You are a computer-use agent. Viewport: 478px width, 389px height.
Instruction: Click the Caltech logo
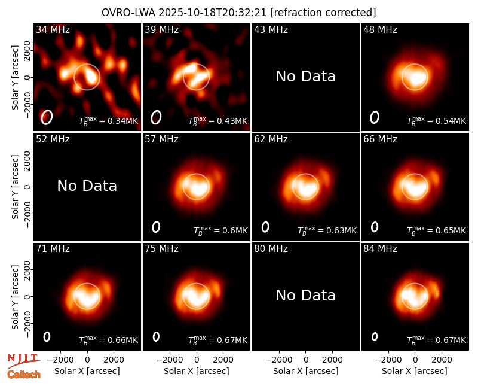coord(24,375)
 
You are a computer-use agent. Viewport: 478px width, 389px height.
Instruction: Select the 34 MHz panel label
coord(53,29)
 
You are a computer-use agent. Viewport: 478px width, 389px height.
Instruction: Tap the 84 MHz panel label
coord(380,249)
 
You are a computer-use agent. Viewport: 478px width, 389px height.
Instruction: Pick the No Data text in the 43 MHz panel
coord(306,77)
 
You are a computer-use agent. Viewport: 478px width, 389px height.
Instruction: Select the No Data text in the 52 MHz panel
coord(87,186)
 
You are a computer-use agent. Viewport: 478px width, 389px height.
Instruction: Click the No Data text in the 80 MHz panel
coord(306,295)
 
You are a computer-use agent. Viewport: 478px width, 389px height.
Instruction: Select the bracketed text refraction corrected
coord(323,13)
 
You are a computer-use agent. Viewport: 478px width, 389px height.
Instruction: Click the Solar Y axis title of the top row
coord(15,78)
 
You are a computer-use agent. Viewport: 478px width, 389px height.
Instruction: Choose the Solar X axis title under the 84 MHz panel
coord(415,371)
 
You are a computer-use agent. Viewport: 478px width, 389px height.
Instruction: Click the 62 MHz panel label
coord(271,139)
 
